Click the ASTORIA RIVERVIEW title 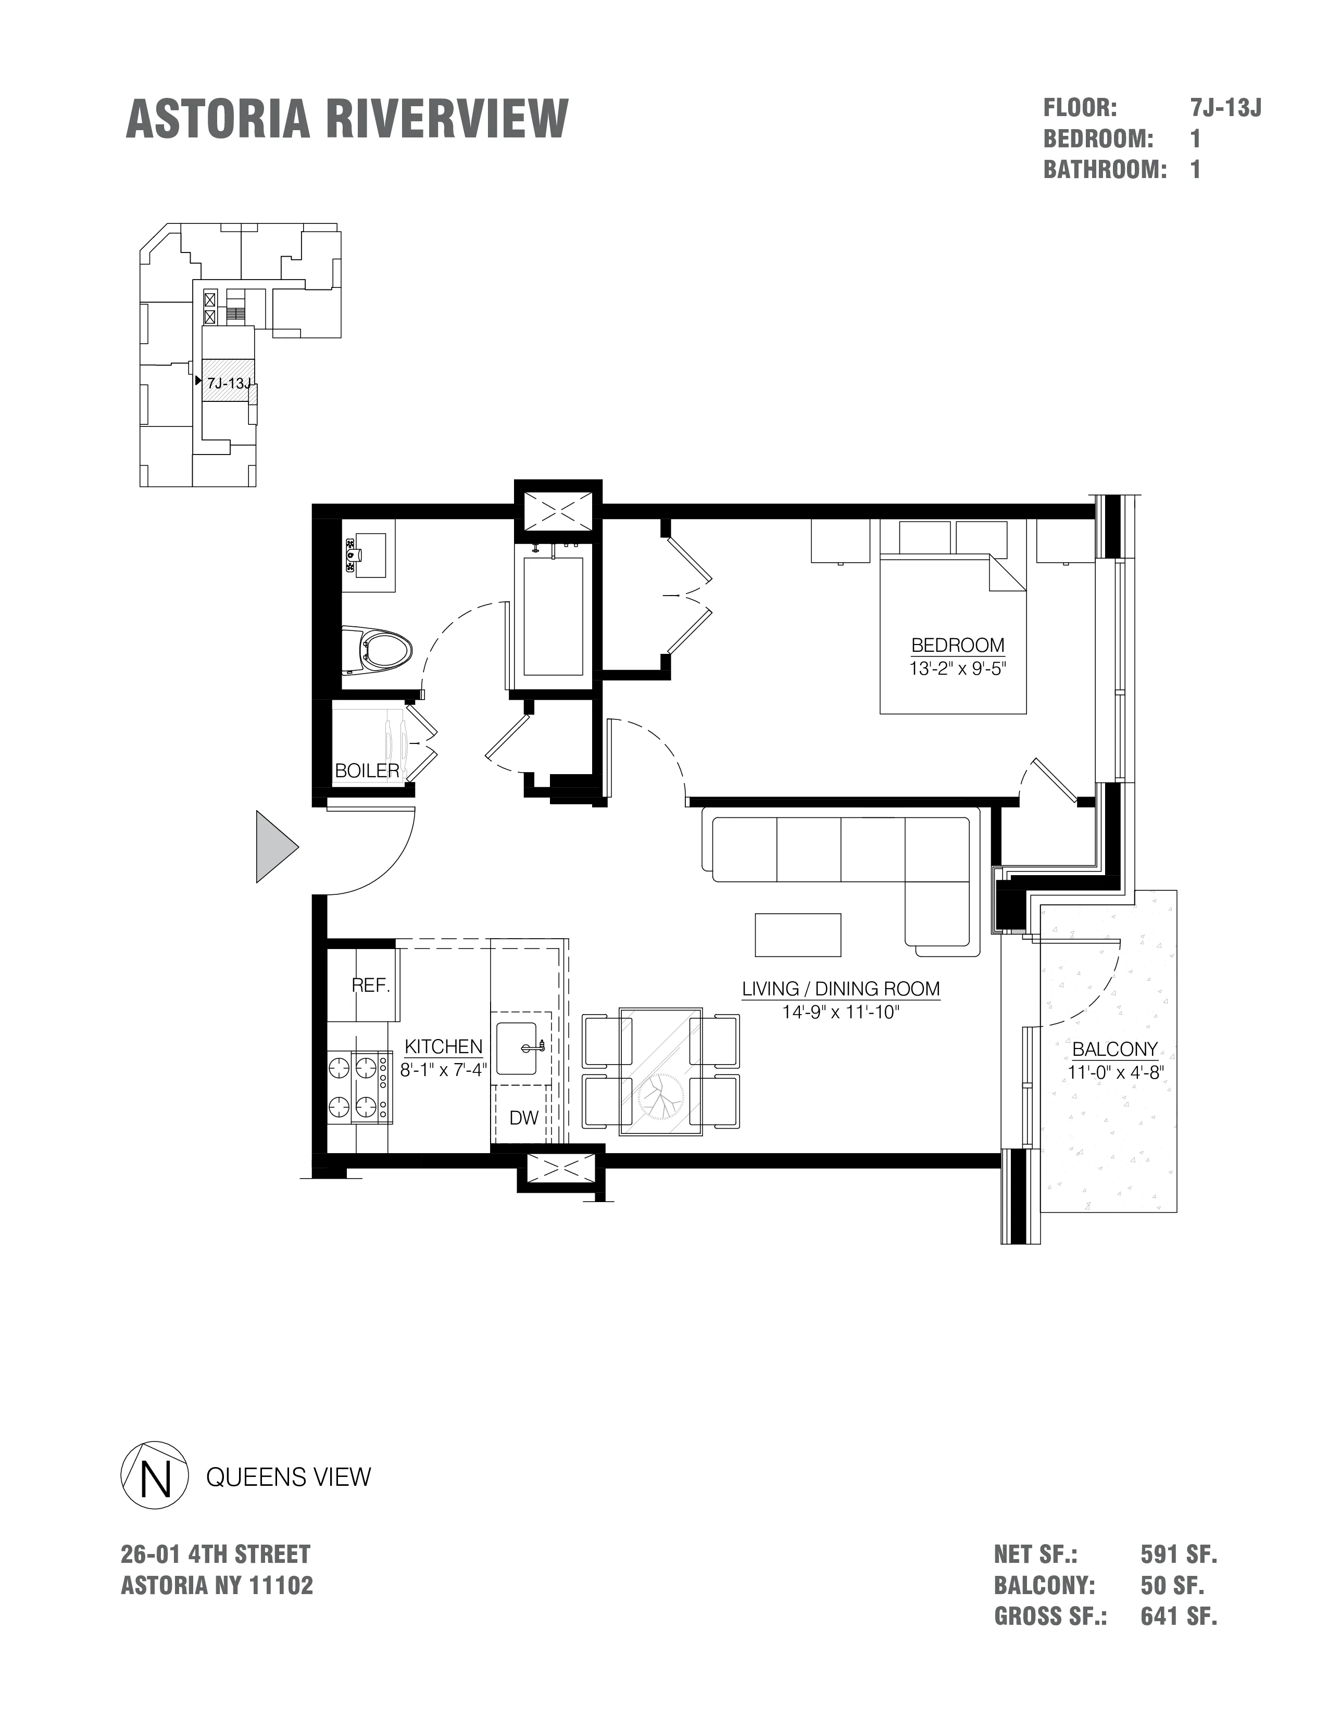tap(346, 120)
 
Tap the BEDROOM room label tap(957, 645)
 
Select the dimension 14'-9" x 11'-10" tap(840, 1013)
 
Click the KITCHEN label tap(443, 1046)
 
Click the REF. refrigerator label tap(371, 986)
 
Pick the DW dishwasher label tap(524, 1118)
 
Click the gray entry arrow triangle tap(274, 847)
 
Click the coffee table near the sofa tap(798, 934)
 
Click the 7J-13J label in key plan tap(228, 384)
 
